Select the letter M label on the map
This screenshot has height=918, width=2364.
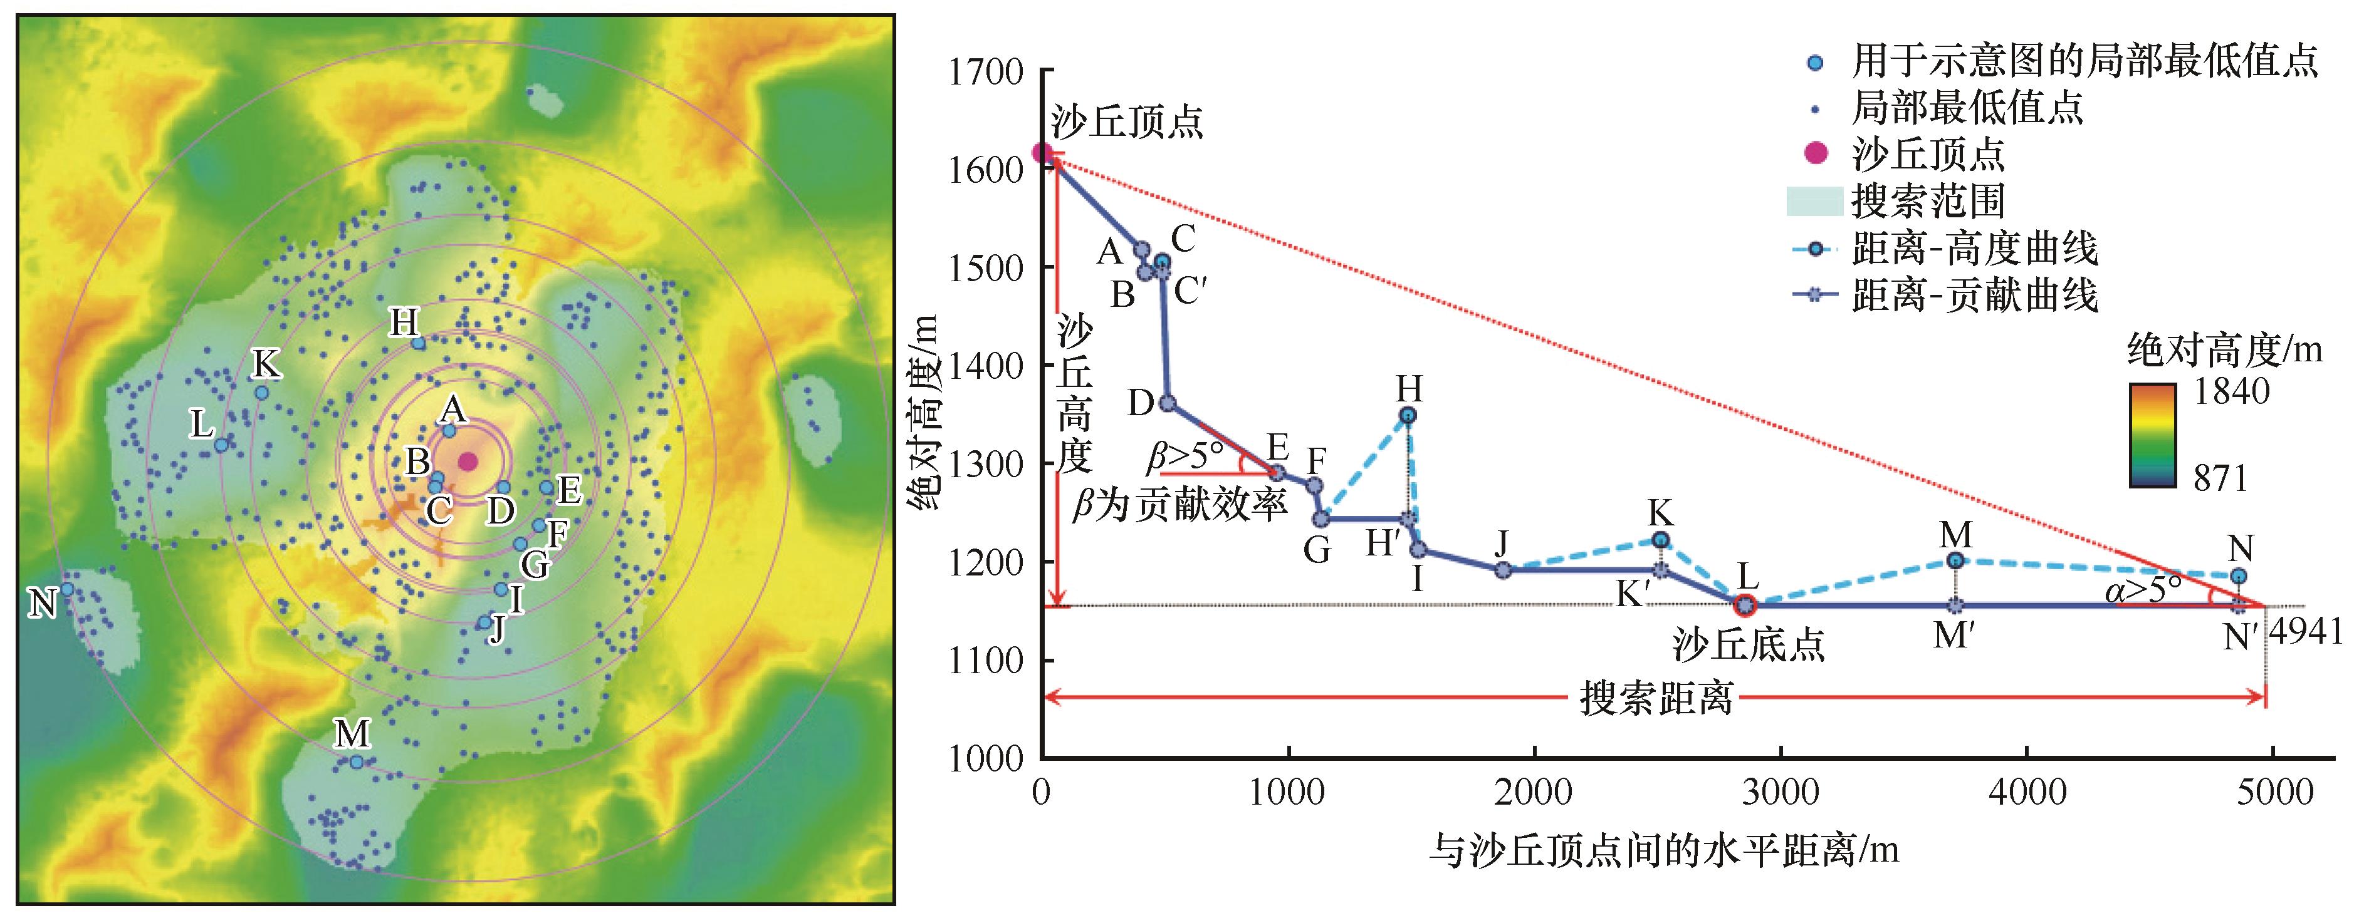coord(352,734)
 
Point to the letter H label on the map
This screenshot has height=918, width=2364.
coord(404,323)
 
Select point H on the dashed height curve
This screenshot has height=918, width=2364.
coord(1408,415)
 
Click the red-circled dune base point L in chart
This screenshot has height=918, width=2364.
coord(1745,606)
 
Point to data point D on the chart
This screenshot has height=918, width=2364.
coord(1168,403)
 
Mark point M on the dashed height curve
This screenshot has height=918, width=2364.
coord(1955,560)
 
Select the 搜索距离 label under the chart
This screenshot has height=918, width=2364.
coord(1656,699)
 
